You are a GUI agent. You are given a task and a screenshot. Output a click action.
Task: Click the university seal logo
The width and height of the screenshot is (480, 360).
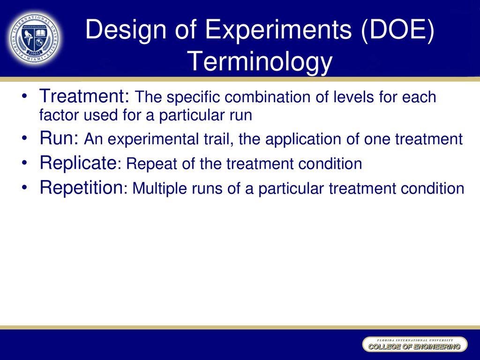tap(35, 38)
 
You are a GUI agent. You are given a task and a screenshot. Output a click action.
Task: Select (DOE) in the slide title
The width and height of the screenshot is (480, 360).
tap(397, 30)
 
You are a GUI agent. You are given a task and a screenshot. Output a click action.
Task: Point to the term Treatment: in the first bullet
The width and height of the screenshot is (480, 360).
tap(85, 96)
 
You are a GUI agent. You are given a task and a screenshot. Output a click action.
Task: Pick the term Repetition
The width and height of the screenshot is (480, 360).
tap(81, 187)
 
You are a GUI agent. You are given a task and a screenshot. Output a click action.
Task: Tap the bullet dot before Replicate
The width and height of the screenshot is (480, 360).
tap(24, 163)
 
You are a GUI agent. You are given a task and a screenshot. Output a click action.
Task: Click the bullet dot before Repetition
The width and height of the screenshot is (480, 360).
tap(24, 187)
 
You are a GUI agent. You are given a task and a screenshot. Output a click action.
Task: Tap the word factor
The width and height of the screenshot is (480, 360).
tap(59, 115)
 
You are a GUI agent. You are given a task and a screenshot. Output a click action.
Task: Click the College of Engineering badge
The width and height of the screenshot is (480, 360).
tap(415, 345)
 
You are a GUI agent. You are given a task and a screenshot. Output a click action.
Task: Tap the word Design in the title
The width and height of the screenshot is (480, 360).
tap(126, 30)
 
